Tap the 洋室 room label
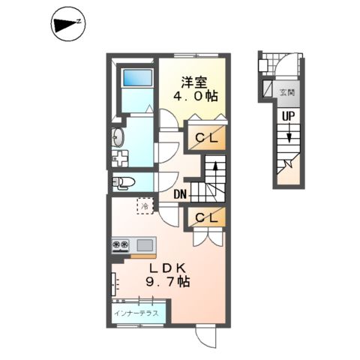click(x=193, y=82)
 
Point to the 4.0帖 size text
click(x=193, y=97)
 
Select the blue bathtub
click(x=137, y=77)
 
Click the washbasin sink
click(x=118, y=137)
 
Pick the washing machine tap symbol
click(x=119, y=159)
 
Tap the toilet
click(x=123, y=181)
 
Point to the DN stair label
click(x=180, y=195)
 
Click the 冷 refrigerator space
click(x=142, y=205)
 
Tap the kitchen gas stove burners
click(x=121, y=244)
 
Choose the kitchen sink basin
click(x=145, y=244)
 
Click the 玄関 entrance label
click(x=287, y=93)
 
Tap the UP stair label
click(x=288, y=116)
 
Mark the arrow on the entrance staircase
click(x=287, y=138)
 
